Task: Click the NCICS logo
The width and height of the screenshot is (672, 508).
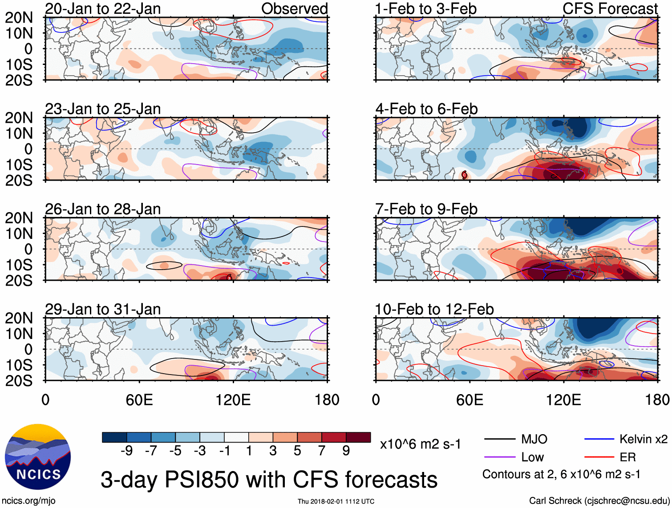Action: pos(37,457)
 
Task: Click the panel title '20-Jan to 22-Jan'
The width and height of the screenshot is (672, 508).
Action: pos(103,9)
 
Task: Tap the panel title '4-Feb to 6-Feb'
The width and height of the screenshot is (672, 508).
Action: pos(426,109)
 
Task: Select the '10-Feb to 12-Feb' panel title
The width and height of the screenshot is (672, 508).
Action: pos(434,309)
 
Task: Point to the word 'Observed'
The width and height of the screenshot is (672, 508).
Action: pos(294,9)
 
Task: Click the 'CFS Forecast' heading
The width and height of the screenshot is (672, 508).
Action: pos(610,9)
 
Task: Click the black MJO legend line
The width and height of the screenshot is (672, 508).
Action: pos(499,439)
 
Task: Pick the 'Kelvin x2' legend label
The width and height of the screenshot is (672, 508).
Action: pos(643,439)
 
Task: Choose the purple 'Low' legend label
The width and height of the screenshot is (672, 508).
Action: pos(533,457)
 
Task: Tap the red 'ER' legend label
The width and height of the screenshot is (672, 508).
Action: pos(627,457)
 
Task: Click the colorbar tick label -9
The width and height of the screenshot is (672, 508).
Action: pos(126,451)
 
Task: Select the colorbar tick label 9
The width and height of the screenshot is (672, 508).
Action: pos(346,451)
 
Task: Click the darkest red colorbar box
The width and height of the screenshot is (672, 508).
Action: pos(358,437)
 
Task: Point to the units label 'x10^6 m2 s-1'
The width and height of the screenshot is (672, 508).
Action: pos(420,444)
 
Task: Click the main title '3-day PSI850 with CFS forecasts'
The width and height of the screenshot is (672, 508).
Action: pos(269,480)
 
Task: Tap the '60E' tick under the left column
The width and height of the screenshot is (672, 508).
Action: pos(139,400)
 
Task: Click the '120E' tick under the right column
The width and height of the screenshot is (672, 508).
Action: pos(563,400)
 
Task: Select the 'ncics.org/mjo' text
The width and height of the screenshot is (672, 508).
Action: pos(28,501)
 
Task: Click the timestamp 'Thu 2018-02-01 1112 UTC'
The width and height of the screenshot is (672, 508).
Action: pos(336,501)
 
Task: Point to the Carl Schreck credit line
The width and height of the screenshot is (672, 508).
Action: pos(599,501)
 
